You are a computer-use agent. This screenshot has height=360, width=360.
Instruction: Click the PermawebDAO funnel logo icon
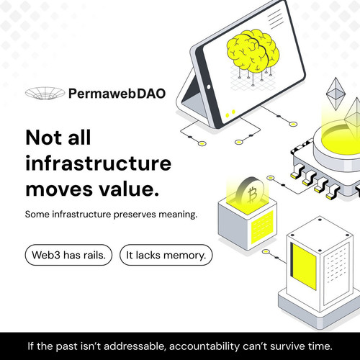tap(45, 93)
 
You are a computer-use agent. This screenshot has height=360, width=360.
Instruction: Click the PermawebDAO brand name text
tap(117, 94)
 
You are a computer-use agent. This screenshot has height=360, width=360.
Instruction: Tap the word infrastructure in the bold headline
tap(99, 163)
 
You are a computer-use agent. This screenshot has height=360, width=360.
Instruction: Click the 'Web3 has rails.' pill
tap(68, 255)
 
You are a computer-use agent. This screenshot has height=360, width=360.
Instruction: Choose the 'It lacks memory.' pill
tap(166, 255)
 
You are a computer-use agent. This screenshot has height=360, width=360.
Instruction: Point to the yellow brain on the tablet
tap(253, 51)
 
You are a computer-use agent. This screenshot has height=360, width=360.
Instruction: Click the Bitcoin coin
tap(250, 192)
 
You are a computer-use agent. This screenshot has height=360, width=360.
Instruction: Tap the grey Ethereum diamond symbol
tap(336, 94)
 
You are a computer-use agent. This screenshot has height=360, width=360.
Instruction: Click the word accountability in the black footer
tap(204, 346)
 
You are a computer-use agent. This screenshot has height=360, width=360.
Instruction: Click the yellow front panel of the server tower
tap(305, 266)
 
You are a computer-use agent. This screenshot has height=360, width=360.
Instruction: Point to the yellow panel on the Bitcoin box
tap(262, 227)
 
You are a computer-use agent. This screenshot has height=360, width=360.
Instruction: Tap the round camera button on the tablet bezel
tap(209, 87)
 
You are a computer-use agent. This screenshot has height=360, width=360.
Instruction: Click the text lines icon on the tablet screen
tap(276, 19)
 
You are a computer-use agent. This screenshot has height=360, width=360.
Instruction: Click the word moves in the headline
tap(59, 189)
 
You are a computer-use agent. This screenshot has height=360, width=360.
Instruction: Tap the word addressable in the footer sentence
tap(135, 346)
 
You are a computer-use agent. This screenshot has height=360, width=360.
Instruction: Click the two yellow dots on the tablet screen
tap(230, 114)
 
